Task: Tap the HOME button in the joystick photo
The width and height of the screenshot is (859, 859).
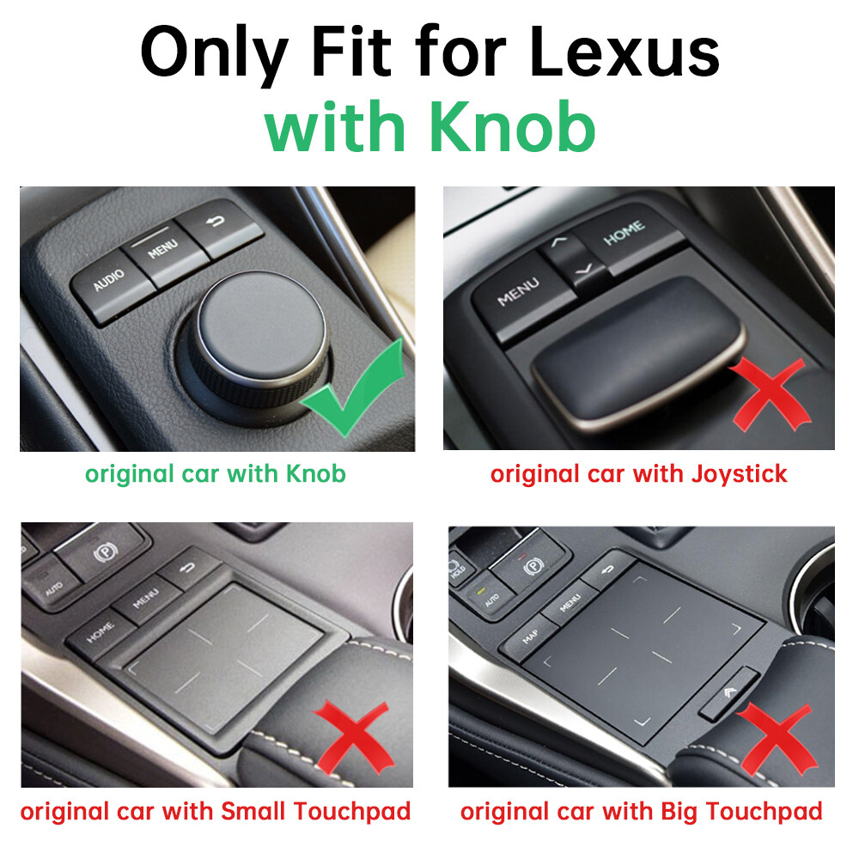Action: pyautogui.click(x=624, y=233)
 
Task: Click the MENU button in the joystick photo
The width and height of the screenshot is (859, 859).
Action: pyautogui.click(x=519, y=290)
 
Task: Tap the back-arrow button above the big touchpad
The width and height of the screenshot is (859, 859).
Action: pyautogui.click(x=609, y=569)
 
